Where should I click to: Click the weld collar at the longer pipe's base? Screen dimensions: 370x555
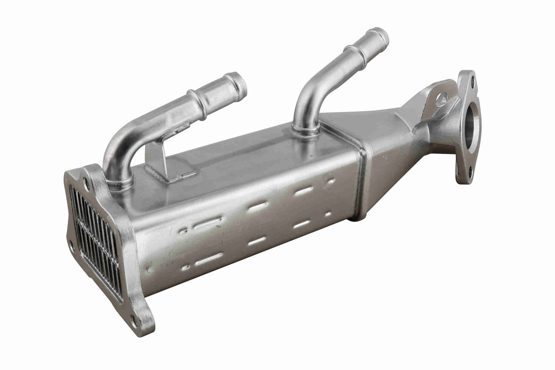coord(305,130)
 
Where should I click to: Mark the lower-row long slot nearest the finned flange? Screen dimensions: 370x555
coord(208,259)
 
